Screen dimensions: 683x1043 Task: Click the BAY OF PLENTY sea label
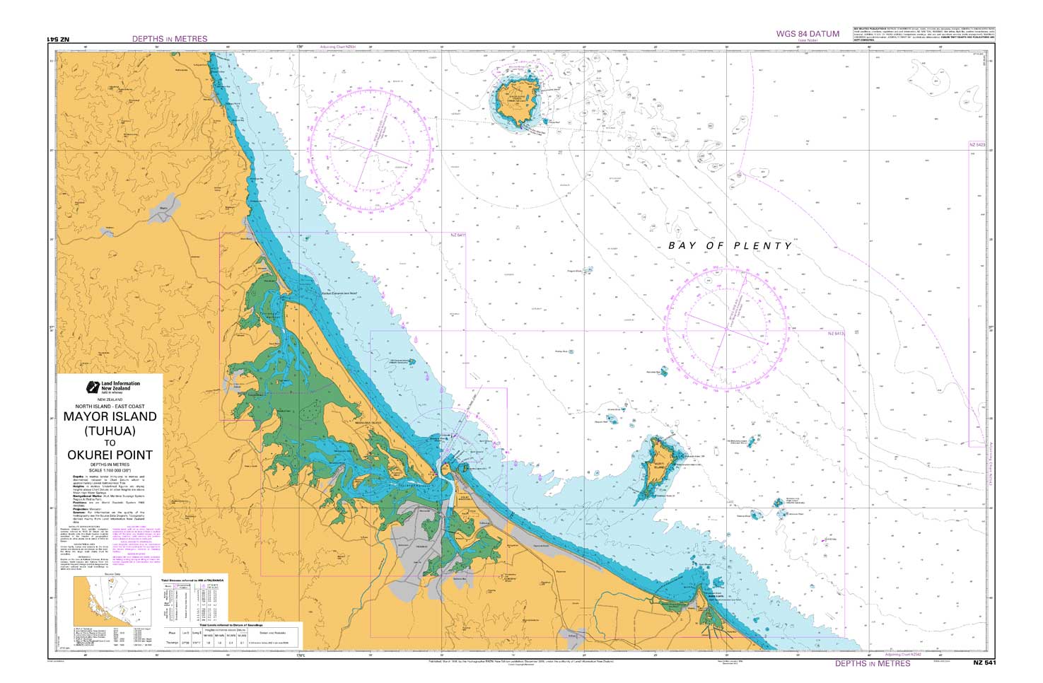pos(730,245)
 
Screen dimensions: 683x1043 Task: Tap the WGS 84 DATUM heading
pos(808,33)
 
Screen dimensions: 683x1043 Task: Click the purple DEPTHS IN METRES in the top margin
pos(170,39)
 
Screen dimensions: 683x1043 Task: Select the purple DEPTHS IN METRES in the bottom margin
pos(873,663)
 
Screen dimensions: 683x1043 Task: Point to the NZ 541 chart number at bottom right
pos(984,663)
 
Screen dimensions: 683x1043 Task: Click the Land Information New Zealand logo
pos(113,387)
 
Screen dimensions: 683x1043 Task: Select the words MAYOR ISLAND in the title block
pos(110,416)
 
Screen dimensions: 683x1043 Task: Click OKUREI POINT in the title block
pos(110,455)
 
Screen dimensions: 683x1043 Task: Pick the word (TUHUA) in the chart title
pos(110,430)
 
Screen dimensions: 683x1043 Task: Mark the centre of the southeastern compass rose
pos(726,328)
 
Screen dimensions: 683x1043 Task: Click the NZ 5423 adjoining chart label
pos(977,145)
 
